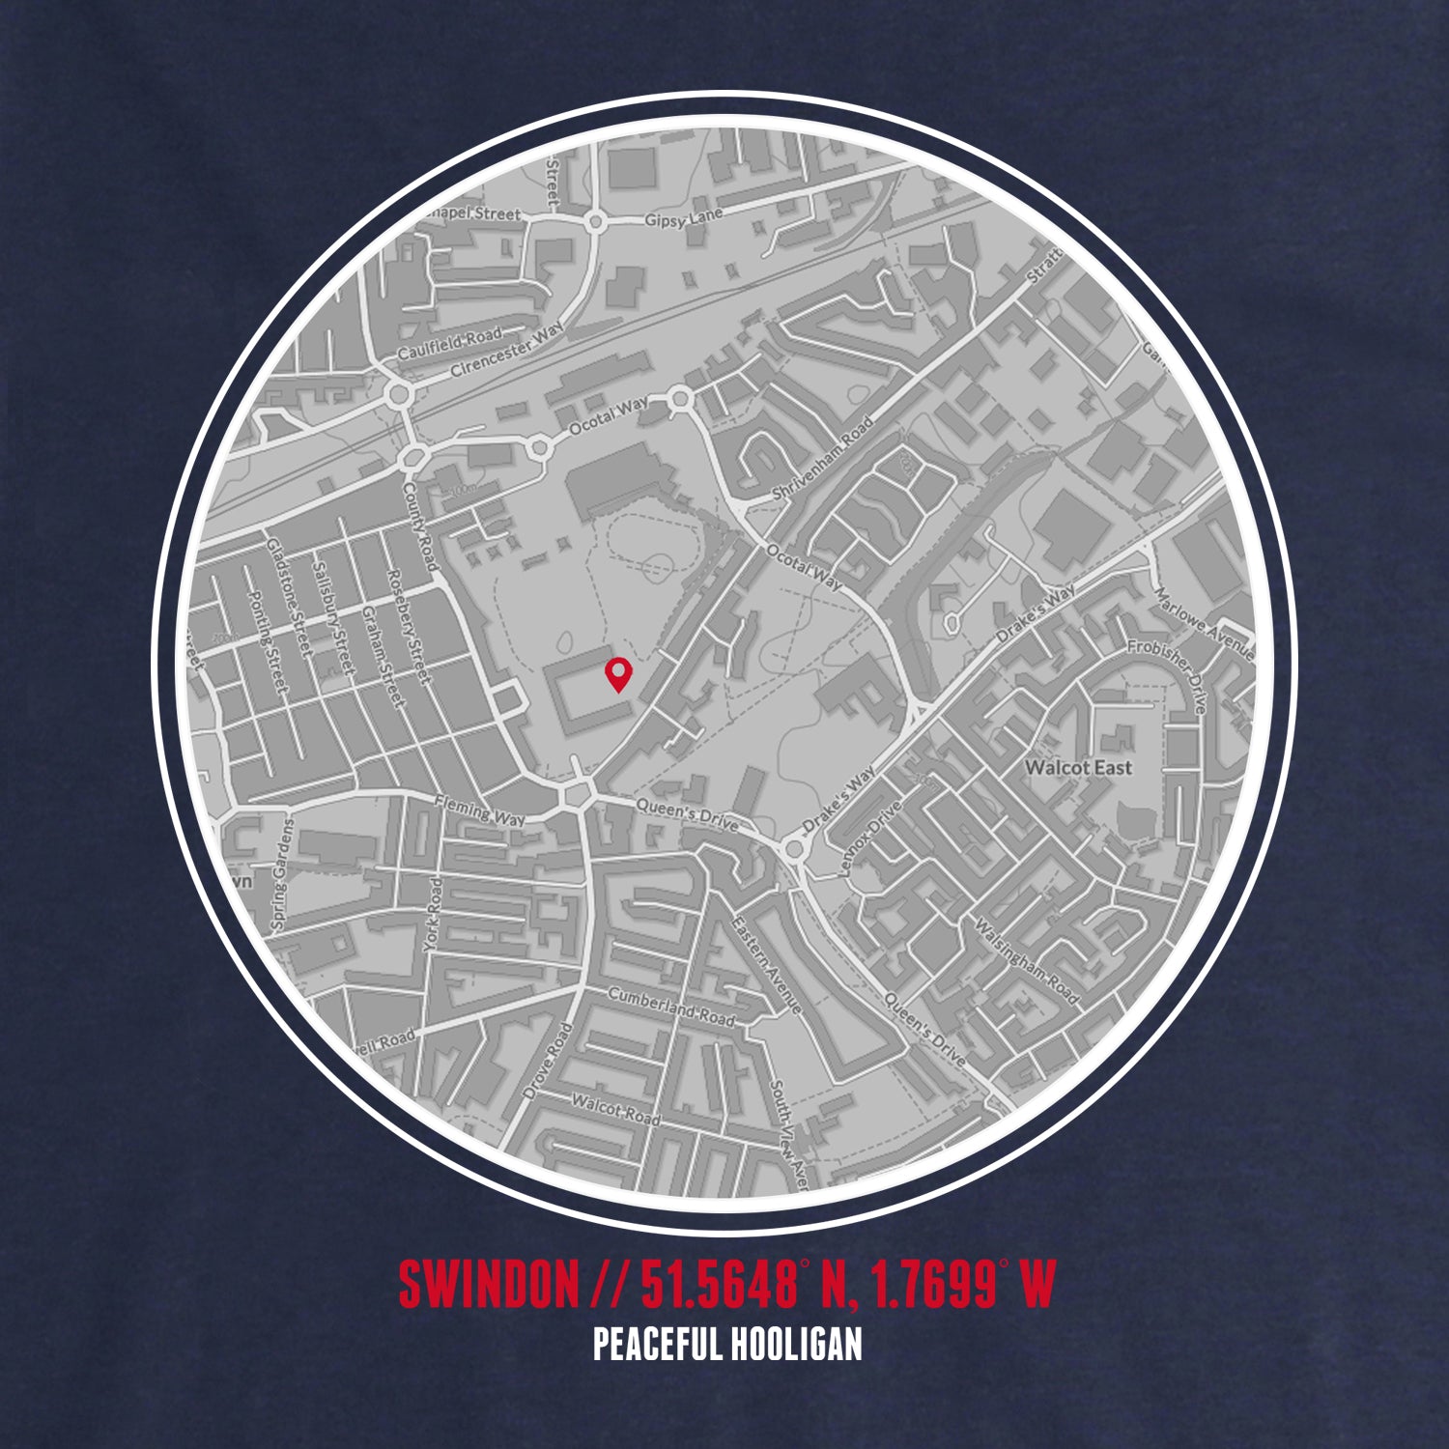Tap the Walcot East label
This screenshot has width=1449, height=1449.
point(1078,768)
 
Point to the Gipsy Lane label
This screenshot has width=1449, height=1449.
point(684,220)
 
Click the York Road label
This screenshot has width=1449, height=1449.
point(432,915)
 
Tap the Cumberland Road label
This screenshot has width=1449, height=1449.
point(670,1007)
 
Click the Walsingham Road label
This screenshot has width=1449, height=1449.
point(1028,960)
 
